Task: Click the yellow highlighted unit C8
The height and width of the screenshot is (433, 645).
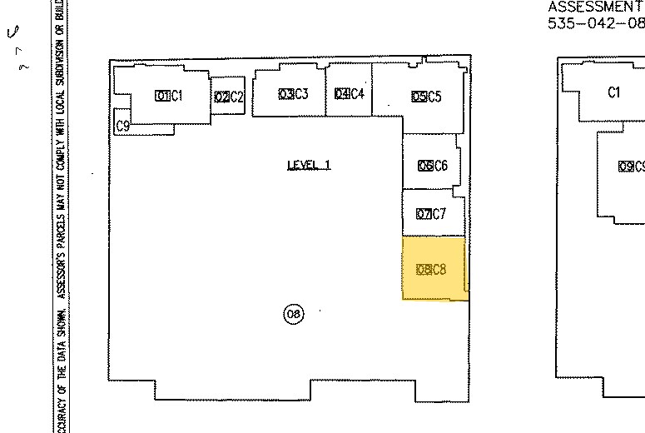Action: point(434,268)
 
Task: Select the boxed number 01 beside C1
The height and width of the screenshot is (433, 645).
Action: point(161,96)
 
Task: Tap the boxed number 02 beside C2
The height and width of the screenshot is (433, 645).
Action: point(221,97)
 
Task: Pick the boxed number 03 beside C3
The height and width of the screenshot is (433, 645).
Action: point(285,94)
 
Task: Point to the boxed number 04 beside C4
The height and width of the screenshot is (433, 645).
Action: point(340,94)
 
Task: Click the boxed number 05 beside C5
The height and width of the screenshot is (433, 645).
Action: point(419,97)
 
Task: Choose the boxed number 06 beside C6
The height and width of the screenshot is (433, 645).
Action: point(424,166)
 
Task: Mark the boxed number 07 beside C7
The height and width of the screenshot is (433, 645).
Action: point(423,214)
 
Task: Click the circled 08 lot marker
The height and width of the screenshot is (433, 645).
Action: point(293,314)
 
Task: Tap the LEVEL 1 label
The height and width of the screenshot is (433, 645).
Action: point(308,165)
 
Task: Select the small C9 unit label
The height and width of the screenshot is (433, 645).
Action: point(122,126)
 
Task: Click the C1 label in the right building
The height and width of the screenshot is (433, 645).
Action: point(614,92)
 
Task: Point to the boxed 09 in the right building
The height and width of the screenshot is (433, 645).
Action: point(626,166)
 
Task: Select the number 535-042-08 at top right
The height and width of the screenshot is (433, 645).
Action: point(595,23)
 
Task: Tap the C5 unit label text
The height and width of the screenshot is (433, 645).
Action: point(434,97)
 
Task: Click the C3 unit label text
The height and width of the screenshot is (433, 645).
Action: point(300,94)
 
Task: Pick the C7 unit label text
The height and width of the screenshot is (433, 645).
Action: point(439,214)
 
